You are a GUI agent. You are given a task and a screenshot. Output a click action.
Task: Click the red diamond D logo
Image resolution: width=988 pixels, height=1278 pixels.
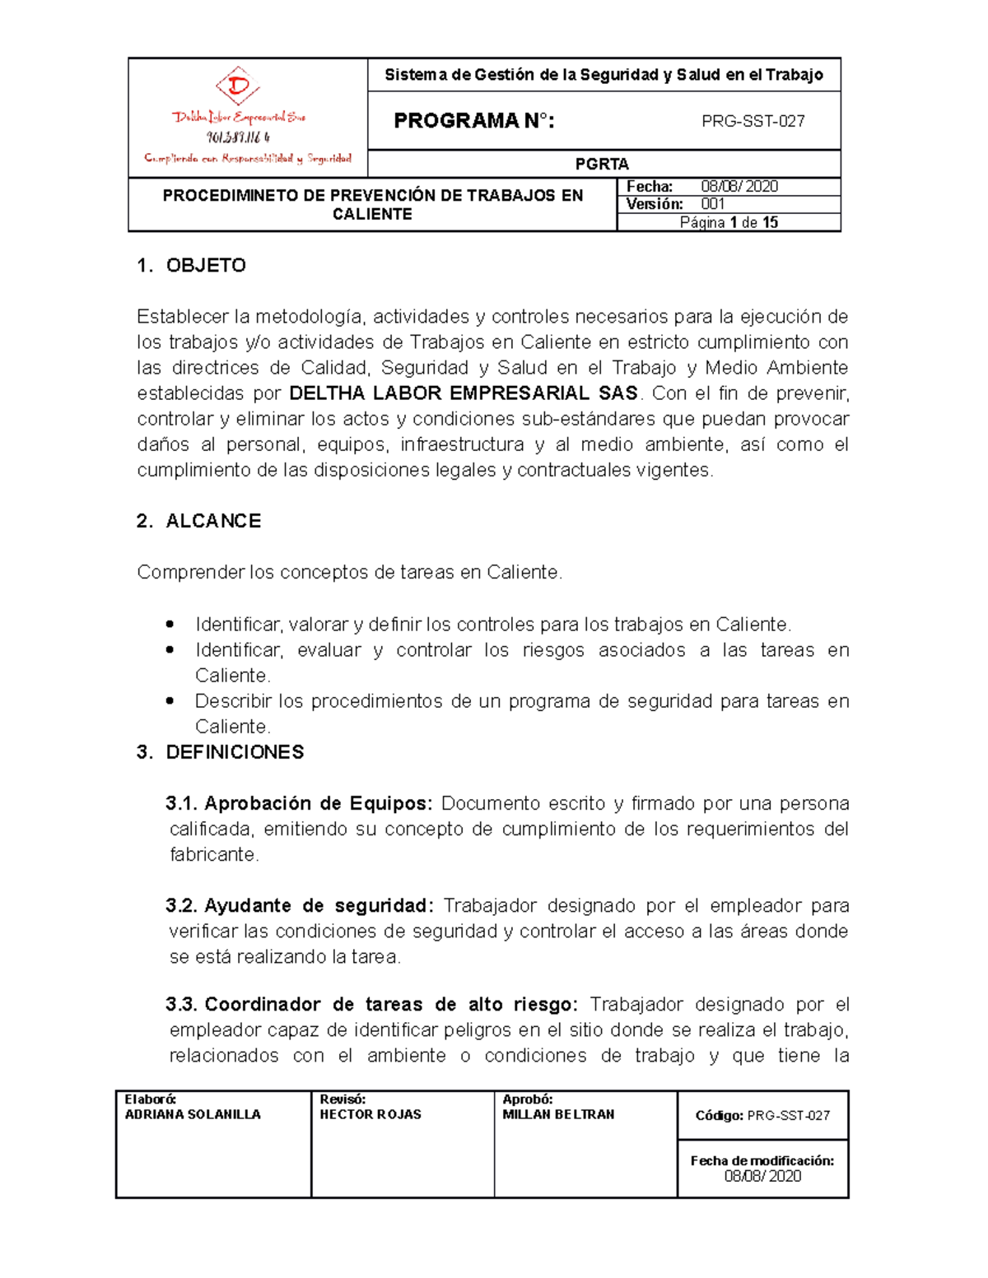coord(238,86)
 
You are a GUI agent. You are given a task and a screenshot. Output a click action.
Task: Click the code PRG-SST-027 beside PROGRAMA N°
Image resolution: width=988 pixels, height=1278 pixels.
coord(753,121)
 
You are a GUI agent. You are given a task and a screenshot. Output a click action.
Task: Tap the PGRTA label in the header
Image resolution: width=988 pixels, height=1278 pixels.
coord(602,164)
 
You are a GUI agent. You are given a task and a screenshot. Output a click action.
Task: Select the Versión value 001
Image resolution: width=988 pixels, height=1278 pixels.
coord(713,204)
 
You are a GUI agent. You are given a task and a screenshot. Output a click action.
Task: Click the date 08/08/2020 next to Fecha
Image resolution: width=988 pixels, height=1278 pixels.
coord(739,186)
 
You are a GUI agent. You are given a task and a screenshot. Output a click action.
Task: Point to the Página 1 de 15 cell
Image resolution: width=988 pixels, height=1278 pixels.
coord(729,222)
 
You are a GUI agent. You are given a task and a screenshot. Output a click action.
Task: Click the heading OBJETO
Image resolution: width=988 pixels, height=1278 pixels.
coord(206,265)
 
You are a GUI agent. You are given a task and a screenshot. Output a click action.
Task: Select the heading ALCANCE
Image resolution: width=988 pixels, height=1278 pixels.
coord(213,521)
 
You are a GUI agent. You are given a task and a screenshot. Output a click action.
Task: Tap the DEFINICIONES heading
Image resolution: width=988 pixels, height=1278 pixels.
coord(235,752)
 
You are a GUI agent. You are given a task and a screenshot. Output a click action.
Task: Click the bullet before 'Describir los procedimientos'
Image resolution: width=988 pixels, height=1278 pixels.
coord(170,701)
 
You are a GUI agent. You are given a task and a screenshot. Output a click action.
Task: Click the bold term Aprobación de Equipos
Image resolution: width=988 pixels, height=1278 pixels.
coord(318,803)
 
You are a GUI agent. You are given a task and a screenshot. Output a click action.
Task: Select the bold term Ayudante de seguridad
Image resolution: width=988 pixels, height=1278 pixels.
coord(318,905)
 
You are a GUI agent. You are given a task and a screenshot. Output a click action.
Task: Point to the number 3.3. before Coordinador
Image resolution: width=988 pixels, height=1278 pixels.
coord(181,1004)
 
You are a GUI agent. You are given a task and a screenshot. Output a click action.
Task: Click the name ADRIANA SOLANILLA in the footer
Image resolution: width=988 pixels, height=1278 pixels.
coord(193,1114)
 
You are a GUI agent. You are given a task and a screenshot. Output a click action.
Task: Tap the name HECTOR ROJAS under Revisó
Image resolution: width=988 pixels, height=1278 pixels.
coord(370,1114)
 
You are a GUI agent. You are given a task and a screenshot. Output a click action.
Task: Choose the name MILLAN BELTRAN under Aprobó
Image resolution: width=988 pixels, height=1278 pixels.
coord(558,1114)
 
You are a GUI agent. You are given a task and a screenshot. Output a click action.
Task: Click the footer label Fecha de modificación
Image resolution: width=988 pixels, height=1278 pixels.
coord(762,1160)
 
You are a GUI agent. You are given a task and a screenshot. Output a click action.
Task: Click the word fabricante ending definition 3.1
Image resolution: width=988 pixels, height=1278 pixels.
coord(213,854)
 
